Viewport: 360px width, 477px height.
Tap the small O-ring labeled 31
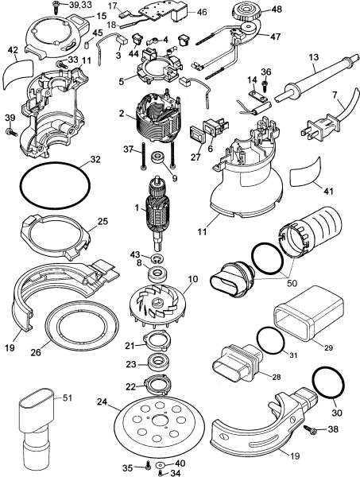point(272,343)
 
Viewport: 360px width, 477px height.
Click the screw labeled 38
point(311,429)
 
